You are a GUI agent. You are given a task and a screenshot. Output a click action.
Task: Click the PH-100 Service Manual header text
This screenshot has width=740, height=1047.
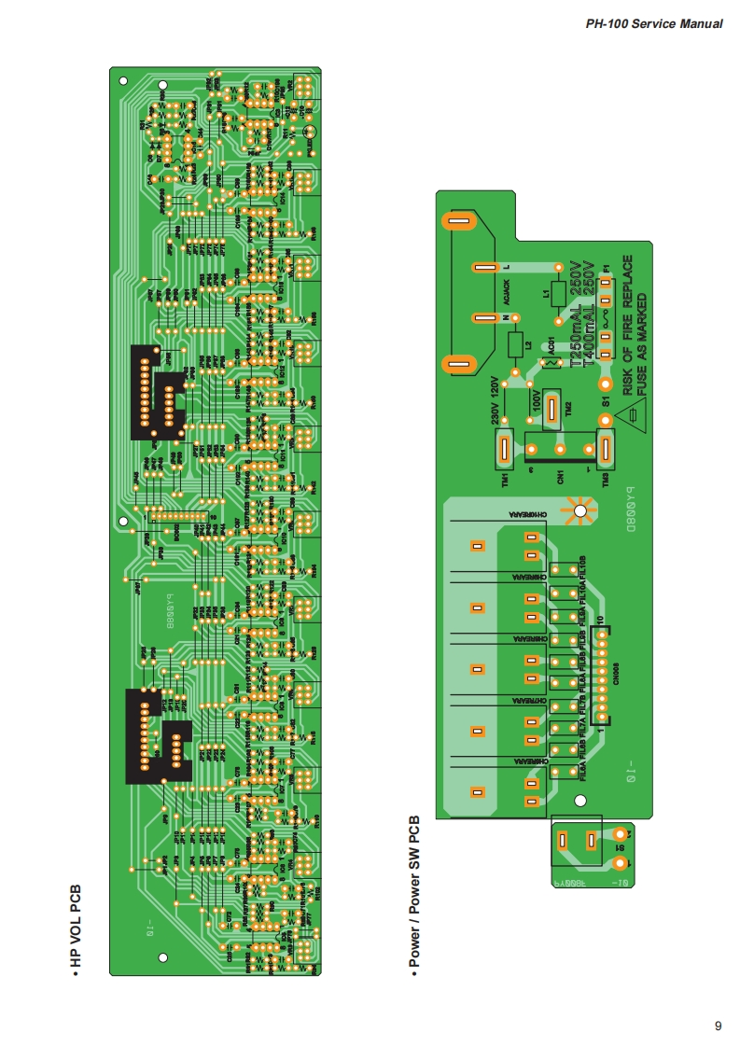tap(653, 23)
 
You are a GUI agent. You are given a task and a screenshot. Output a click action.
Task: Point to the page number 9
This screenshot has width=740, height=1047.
tap(718, 1026)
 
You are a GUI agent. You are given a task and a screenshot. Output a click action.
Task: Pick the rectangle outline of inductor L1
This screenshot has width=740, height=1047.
tap(558, 294)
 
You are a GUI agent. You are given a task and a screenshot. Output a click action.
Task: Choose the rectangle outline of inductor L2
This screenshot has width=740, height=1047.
tap(516, 344)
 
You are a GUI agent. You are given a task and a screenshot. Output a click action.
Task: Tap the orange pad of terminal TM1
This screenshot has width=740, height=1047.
tap(502, 452)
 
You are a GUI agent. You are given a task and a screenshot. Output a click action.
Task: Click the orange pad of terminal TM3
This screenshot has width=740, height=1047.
tap(605, 452)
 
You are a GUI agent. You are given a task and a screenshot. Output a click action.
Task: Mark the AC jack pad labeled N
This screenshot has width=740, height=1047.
tap(483, 318)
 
